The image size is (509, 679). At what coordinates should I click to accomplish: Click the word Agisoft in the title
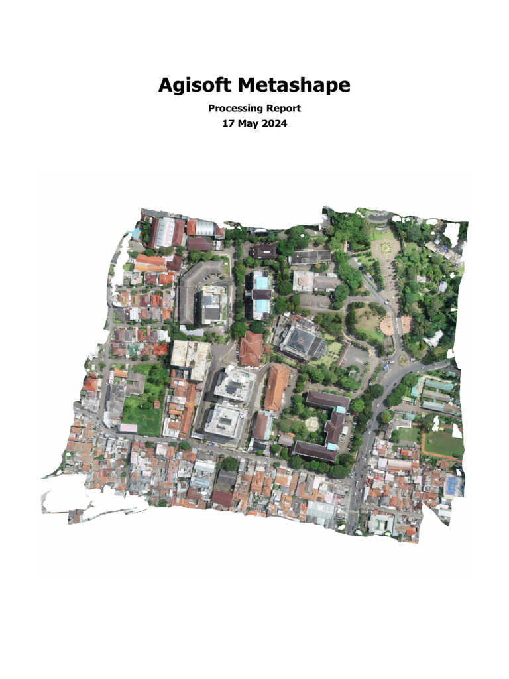click(x=195, y=86)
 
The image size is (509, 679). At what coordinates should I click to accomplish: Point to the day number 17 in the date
click(x=227, y=123)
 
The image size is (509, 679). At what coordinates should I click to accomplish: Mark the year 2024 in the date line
click(x=275, y=123)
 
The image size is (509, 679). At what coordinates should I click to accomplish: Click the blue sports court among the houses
click(x=452, y=486)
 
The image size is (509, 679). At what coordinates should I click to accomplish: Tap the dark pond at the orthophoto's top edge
click(x=378, y=216)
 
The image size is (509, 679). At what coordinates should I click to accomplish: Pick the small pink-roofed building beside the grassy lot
click(x=128, y=428)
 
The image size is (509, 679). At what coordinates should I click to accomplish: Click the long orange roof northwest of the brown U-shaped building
click(x=276, y=387)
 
